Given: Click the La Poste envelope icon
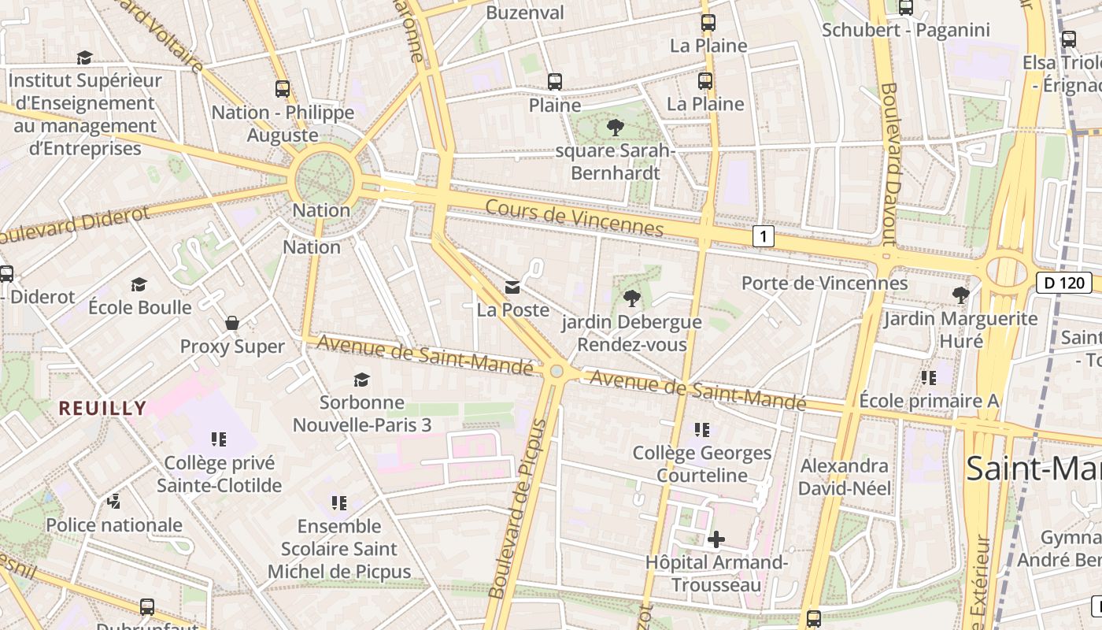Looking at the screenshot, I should [512, 287].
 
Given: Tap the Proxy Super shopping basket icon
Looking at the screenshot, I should [232, 323].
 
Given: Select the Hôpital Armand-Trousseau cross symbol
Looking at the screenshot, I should [716, 539].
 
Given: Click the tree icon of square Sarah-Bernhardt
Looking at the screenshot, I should [615, 127].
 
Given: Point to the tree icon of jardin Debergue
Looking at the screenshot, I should [631, 298].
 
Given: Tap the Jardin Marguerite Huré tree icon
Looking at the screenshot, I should [960, 295].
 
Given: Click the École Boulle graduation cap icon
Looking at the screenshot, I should [139, 284].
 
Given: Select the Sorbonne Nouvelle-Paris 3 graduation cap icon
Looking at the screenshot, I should [361, 380].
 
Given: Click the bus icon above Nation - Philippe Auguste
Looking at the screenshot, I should [283, 89].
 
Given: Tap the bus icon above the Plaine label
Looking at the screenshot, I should [555, 81].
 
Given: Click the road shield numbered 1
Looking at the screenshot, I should [763, 235].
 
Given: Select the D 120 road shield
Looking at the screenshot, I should [1063, 283].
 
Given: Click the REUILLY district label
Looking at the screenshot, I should [103, 408].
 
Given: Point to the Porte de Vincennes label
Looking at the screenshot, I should [824, 283].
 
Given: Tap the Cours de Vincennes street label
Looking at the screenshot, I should [575, 218].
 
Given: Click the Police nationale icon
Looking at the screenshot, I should [114, 501].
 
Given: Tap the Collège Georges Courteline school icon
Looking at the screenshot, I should [702, 430].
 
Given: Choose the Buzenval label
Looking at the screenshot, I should [525, 13].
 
